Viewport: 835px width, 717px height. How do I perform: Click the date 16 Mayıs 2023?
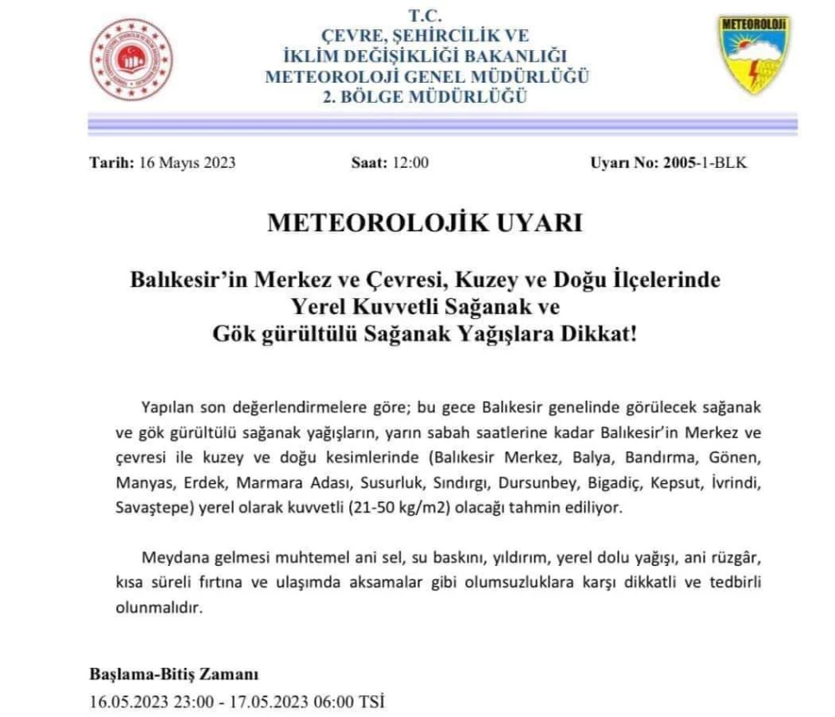coord(186,163)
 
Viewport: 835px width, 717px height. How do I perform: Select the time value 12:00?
coord(411,163)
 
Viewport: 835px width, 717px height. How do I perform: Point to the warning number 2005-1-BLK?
coord(706,163)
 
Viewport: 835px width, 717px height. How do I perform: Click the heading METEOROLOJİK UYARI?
coord(424,224)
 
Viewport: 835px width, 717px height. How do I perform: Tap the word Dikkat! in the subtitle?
coord(598,333)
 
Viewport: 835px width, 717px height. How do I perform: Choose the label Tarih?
coord(110,163)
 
